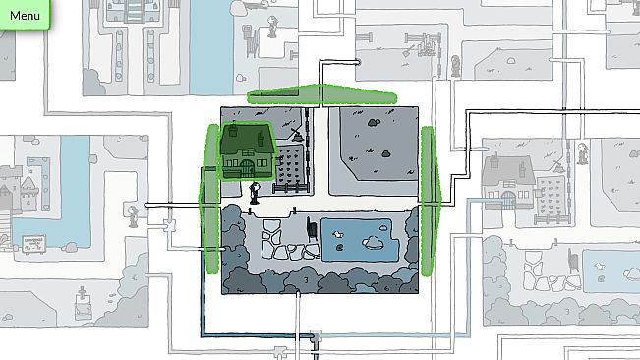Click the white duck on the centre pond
click(x=337, y=234)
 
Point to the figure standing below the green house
click(x=255, y=193)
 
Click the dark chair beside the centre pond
click(x=312, y=229)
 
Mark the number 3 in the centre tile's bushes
click(x=306, y=281)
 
